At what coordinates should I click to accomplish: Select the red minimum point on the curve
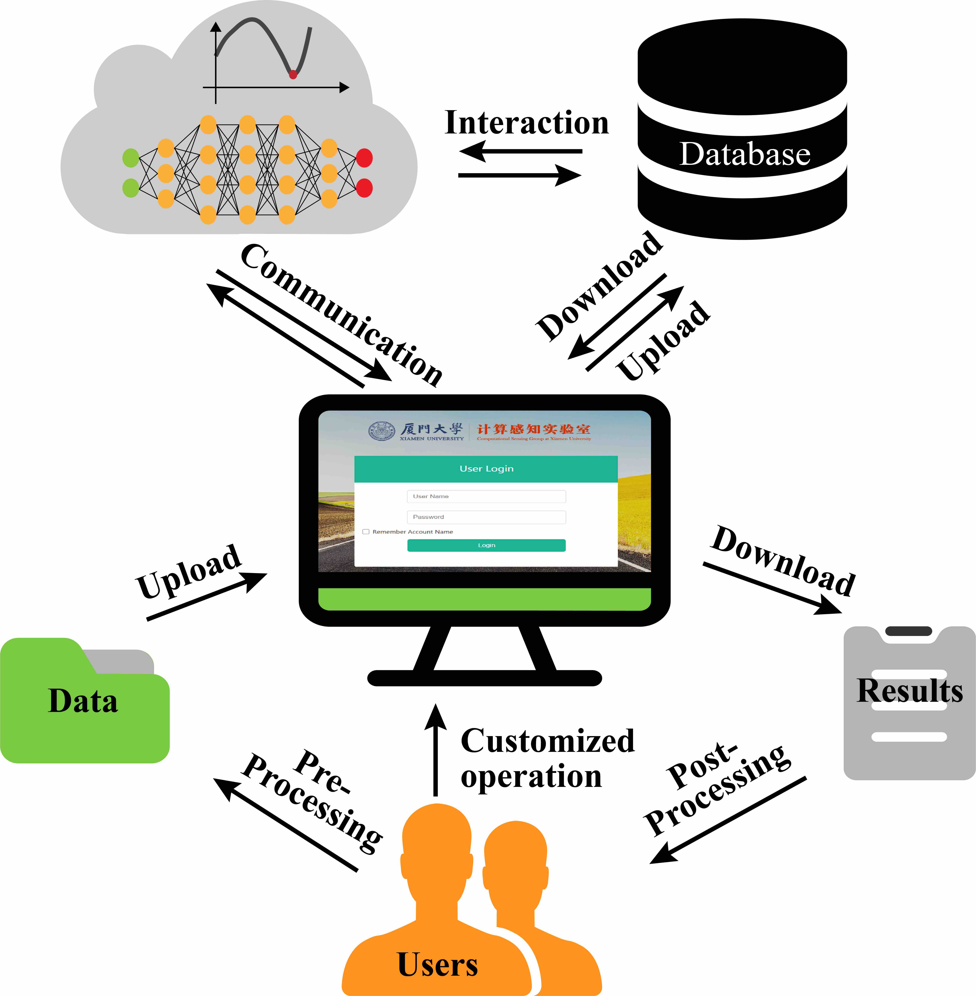(293, 75)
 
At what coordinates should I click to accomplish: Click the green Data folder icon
(85, 702)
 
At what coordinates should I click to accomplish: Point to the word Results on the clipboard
(909, 691)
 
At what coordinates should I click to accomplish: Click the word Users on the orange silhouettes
(437, 964)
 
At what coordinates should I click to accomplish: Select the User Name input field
(486, 496)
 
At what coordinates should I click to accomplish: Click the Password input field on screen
(486, 517)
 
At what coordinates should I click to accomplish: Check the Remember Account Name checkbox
(366, 532)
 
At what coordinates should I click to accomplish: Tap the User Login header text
(486, 468)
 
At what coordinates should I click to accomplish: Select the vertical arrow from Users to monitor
(436, 751)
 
